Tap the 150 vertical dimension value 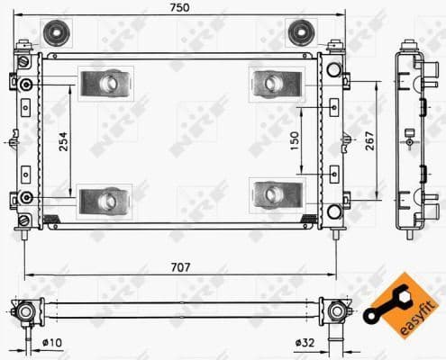(x=294, y=141)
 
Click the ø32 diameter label (x=305, y=342)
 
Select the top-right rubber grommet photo (x=300, y=33)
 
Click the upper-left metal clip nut (x=105, y=84)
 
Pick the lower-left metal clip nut (x=105, y=198)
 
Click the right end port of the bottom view (x=337, y=311)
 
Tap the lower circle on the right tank (x=333, y=211)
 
